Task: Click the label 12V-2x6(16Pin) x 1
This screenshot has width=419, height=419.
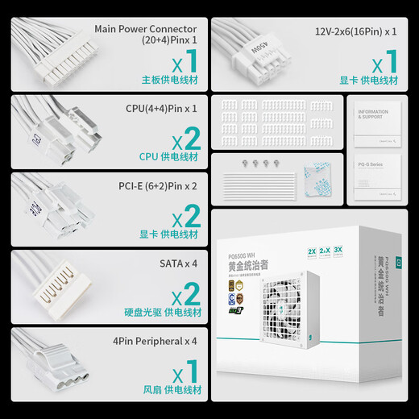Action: (x=355, y=31)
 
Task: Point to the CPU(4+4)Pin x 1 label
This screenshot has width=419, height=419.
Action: (x=161, y=107)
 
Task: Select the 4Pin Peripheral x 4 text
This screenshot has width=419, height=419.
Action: (x=156, y=341)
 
